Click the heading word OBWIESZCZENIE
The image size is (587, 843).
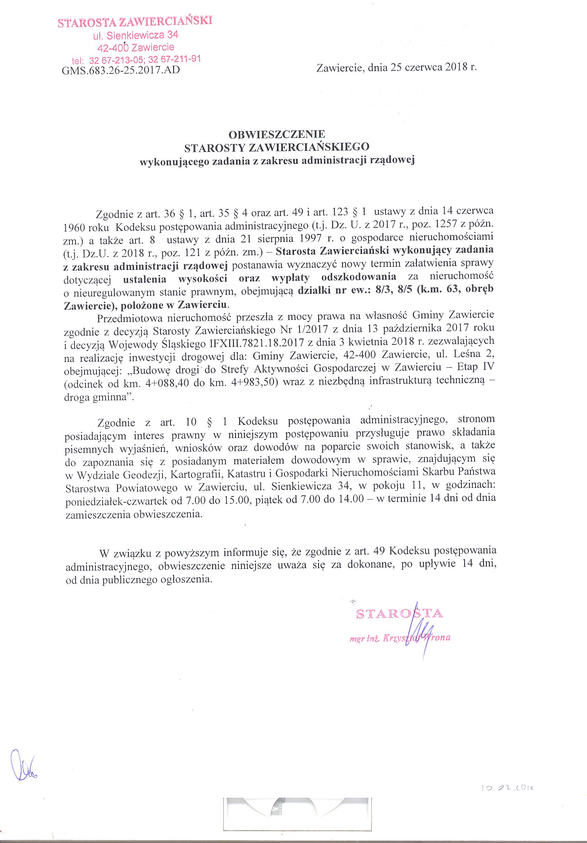[277, 134]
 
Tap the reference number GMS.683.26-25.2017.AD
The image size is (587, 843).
[121, 70]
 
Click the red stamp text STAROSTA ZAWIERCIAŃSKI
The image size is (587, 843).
[135, 22]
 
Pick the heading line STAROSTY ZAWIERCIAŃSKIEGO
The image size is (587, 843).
[277, 147]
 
